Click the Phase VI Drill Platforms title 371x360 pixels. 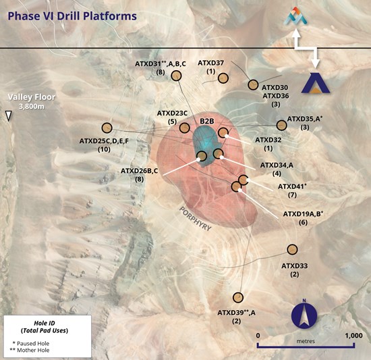tap(72, 16)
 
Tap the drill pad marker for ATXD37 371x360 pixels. tap(223, 78)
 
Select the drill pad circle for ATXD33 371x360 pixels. tap(292, 249)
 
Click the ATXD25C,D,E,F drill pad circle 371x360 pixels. tap(107, 128)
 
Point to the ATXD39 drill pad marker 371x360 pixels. tap(238, 297)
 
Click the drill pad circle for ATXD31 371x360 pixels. tap(176, 76)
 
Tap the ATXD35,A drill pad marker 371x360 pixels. tap(281, 125)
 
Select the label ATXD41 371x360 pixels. tap(292, 186)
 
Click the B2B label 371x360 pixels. tap(207, 122)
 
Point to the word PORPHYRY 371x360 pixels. tap(195, 219)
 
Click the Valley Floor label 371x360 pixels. tap(32, 97)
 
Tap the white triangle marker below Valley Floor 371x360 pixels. tap(9, 116)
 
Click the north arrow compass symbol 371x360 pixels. tap(304, 315)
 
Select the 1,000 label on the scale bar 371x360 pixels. tap(353, 336)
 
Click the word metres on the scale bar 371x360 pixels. tap(306, 341)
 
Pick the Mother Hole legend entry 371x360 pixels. tap(30, 350)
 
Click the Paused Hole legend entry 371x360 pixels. tap(31, 343)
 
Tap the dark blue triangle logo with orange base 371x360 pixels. tap(316, 83)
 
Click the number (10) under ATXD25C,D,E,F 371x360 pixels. tap(104, 149)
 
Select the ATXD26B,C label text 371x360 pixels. tap(140, 171)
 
